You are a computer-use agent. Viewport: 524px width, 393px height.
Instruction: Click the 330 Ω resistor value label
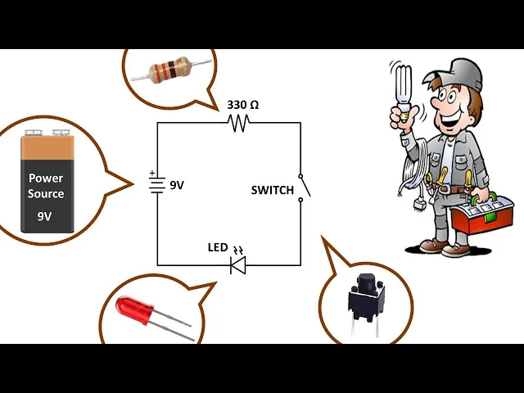pyautogui.click(x=242, y=105)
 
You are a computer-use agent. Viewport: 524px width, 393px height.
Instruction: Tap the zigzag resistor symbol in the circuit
pyautogui.click(x=239, y=123)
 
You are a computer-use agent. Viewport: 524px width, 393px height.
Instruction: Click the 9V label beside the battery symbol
pyautogui.click(x=177, y=185)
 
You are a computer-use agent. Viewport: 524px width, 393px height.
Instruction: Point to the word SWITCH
pyautogui.click(x=272, y=190)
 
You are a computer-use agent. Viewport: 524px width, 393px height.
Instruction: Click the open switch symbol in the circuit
pyautogui.click(x=304, y=186)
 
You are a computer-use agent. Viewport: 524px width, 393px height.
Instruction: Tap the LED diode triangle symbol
pyautogui.click(x=238, y=264)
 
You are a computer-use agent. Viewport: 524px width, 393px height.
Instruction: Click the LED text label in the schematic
pyautogui.click(x=218, y=247)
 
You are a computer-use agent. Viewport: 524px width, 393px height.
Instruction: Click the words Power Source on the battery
pyautogui.click(x=46, y=186)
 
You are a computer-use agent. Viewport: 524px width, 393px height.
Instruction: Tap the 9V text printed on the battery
pyautogui.click(x=44, y=217)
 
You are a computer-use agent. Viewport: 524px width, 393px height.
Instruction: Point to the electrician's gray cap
pyautogui.click(x=463, y=75)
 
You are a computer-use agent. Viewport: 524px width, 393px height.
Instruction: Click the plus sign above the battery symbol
pyautogui.click(x=152, y=173)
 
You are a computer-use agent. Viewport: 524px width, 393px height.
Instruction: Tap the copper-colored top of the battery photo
pyautogui.click(x=47, y=147)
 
